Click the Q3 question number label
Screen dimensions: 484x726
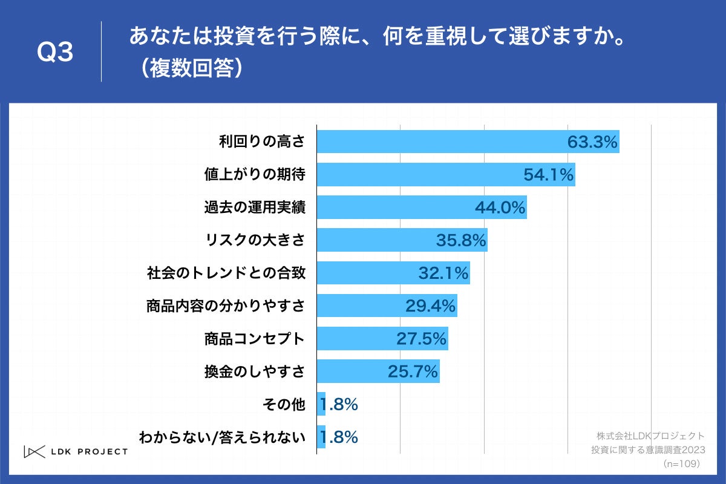[x=55, y=53]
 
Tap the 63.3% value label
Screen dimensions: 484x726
[x=592, y=142]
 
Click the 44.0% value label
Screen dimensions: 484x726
[x=500, y=208]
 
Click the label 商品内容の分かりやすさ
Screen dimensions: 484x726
[x=225, y=306]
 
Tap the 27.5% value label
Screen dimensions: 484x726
[x=421, y=339]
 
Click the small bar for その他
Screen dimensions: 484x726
[x=321, y=404]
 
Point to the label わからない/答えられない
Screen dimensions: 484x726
[x=222, y=437]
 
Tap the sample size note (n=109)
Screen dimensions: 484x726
[x=681, y=463]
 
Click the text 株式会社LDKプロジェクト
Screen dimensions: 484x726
[x=650, y=436]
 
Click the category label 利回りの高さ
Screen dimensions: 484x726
[x=261, y=142]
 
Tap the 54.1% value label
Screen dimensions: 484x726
[x=548, y=175]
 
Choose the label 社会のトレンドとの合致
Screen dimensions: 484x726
[x=226, y=273]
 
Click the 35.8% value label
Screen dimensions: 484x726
[x=461, y=240]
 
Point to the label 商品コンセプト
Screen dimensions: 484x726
[x=255, y=339]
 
